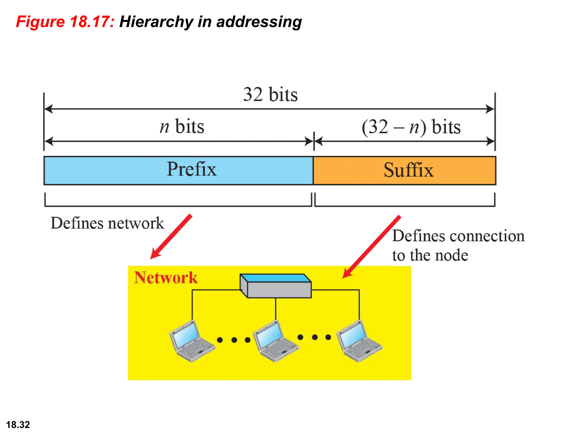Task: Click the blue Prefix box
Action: click(x=178, y=171)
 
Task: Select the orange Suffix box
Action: click(x=404, y=171)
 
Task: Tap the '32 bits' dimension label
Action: click(x=270, y=94)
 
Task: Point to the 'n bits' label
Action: click(x=182, y=127)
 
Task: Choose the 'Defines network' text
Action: click(x=107, y=223)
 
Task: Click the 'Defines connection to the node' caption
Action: click(x=458, y=245)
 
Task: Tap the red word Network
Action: click(x=166, y=278)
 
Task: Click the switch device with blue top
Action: click(x=276, y=286)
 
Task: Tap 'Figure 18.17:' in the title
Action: click(x=65, y=22)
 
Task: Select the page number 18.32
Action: click(x=18, y=425)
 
